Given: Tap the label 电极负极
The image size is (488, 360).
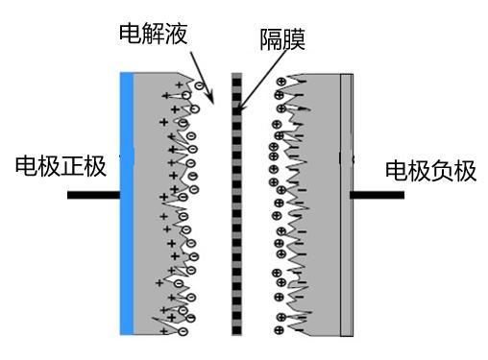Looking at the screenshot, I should coord(430,172).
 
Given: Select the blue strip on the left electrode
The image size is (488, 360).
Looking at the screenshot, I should coord(126,203).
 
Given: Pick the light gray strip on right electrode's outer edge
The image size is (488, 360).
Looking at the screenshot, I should coord(348,203).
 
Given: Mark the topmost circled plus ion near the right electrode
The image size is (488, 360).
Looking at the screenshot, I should coord(280,82).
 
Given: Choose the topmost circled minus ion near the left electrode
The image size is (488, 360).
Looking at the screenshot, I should coord(199,86).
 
